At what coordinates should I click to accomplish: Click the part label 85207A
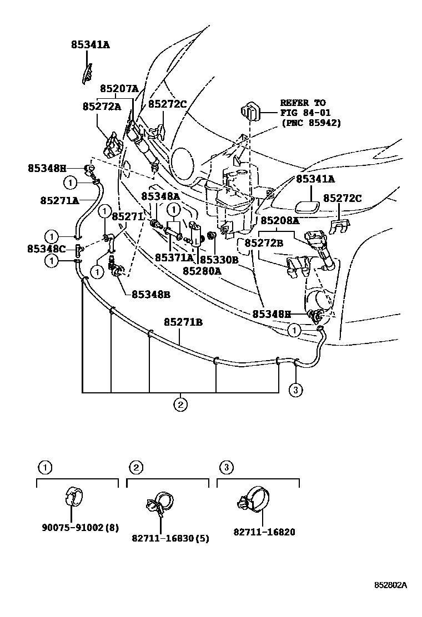click(119, 88)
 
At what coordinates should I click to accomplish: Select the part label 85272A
click(102, 106)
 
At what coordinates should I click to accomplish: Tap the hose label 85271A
click(58, 200)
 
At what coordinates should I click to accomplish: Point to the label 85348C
click(47, 249)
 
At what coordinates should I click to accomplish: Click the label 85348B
click(150, 294)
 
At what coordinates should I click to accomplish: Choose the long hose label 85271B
click(183, 322)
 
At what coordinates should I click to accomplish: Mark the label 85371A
click(174, 257)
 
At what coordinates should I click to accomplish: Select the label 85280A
click(203, 271)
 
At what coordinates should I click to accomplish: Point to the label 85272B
click(264, 243)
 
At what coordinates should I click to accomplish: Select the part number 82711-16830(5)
click(170, 538)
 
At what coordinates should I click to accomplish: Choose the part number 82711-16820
click(264, 532)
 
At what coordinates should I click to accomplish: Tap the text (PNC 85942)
click(312, 123)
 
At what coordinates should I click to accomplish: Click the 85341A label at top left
click(90, 45)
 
